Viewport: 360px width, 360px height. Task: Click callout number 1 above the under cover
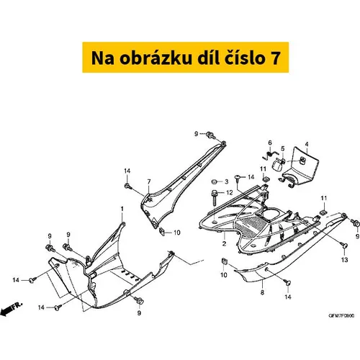pyautogui.click(x=122, y=209)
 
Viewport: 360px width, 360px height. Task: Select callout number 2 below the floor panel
pyautogui.click(x=224, y=243)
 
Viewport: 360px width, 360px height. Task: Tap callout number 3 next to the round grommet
pyautogui.click(x=226, y=181)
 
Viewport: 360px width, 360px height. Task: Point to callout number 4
pyautogui.click(x=307, y=144)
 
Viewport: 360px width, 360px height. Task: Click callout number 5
pyautogui.click(x=283, y=148)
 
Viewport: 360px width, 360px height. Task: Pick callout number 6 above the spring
pyautogui.click(x=270, y=143)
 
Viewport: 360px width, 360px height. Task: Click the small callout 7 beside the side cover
pyautogui.click(x=149, y=181)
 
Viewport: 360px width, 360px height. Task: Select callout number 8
pyautogui.click(x=262, y=292)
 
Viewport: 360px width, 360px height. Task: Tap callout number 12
pyautogui.click(x=230, y=192)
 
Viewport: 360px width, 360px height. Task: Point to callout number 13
pyautogui.click(x=344, y=260)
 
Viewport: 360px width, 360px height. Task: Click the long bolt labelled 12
pyautogui.click(x=214, y=198)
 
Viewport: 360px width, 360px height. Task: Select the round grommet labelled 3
pyautogui.click(x=215, y=181)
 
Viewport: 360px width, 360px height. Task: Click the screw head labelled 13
pyautogui.click(x=345, y=246)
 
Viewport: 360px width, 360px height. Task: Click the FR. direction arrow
pyautogui.click(x=12, y=309)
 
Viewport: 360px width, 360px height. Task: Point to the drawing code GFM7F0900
pyautogui.click(x=341, y=315)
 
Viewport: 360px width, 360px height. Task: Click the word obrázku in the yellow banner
pyautogui.click(x=156, y=58)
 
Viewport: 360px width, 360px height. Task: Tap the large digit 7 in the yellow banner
pyautogui.click(x=276, y=58)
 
